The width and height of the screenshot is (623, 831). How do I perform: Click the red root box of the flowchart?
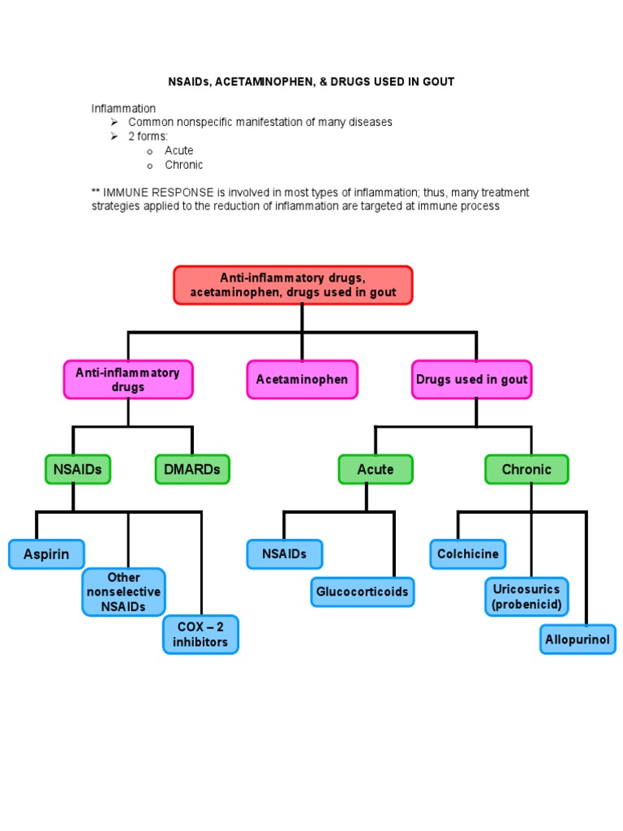[x=293, y=285]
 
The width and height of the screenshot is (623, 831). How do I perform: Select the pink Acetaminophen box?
[x=302, y=380]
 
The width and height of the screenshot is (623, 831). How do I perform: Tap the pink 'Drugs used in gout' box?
[x=471, y=380]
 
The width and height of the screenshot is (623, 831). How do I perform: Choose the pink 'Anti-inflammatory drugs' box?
[x=128, y=380]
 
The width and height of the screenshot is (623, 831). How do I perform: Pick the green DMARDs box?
[x=192, y=469]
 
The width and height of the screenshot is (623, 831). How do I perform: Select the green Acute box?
[x=376, y=469]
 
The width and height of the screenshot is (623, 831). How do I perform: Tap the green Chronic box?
[x=526, y=469]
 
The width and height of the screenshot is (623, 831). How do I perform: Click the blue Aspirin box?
[x=46, y=554]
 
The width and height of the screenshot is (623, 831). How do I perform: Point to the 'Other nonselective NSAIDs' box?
[x=123, y=592]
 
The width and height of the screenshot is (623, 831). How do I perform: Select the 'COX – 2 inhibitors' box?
[x=200, y=635]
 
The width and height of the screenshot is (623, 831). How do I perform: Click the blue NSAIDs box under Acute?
[x=284, y=554]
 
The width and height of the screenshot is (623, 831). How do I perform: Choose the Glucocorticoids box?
[x=362, y=592]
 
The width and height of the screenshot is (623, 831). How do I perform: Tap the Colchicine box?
[x=467, y=554]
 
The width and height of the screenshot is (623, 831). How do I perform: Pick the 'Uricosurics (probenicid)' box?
[x=526, y=596]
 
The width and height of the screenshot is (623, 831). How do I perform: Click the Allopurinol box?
[x=578, y=639]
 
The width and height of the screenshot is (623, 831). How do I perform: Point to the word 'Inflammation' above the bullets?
[x=123, y=108]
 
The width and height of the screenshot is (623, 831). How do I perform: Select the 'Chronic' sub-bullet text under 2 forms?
[x=184, y=165]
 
